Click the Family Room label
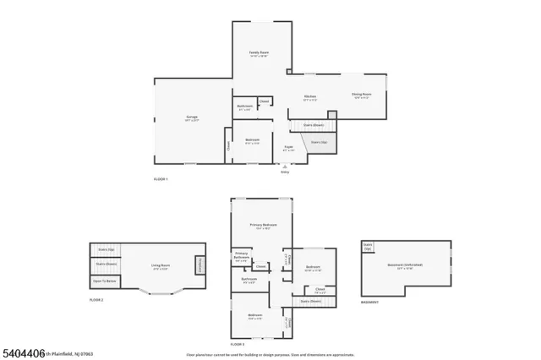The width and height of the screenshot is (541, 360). pyautogui.click(x=259, y=54)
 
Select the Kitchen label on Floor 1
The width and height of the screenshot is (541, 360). pyautogui.click(x=310, y=97)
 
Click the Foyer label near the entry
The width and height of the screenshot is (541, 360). pyautogui.click(x=287, y=148)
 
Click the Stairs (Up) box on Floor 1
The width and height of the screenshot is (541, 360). pyautogui.click(x=320, y=144)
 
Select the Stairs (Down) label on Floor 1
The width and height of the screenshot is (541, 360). pyautogui.click(x=313, y=124)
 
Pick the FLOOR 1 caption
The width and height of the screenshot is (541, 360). pyautogui.click(x=161, y=179)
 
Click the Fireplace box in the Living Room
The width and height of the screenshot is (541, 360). pyautogui.click(x=200, y=265)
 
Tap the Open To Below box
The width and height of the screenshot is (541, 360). pyautogui.click(x=105, y=279)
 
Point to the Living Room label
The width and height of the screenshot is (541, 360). pyautogui.click(x=161, y=267)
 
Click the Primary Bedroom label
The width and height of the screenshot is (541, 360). pyautogui.click(x=263, y=226)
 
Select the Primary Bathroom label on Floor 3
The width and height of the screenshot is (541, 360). pyautogui.click(x=241, y=256)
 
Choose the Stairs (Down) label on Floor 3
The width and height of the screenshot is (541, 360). pyautogui.click(x=310, y=300)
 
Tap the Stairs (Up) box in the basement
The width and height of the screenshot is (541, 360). pyautogui.click(x=368, y=247)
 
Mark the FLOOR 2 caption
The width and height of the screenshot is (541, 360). pyautogui.click(x=96, y=300)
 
